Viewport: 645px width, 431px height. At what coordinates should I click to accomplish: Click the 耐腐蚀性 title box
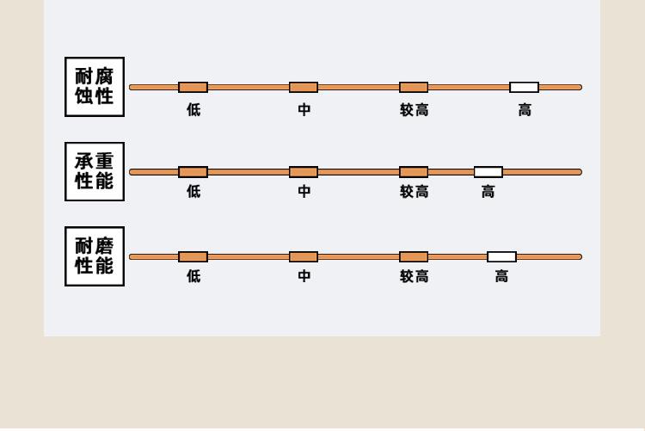(95, 87)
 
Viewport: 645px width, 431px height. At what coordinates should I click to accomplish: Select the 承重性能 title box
(95, 172)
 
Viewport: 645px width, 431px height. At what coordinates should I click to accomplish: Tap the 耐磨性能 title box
(95, 256)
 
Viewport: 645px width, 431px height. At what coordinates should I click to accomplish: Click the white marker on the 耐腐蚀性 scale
(524, 87)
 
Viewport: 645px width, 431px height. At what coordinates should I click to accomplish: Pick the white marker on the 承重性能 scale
(488, 172)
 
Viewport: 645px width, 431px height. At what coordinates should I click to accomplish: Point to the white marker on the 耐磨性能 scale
(502, 257)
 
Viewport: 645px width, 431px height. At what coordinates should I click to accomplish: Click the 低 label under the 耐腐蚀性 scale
(193, 110)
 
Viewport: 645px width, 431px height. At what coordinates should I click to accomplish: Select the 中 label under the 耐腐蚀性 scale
(304, 110)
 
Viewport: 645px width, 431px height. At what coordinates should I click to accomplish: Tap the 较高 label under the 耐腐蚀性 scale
(415, 110)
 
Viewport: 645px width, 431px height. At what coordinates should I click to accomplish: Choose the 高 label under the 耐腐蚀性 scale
(525, 110)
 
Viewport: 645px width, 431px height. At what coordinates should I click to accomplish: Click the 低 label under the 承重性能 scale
(193, 192)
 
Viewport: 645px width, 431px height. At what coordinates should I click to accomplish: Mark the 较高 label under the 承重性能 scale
(415, 192)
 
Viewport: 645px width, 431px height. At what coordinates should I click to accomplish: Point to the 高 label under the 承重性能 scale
(488, 192)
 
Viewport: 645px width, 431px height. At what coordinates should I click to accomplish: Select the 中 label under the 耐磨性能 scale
(304, 276)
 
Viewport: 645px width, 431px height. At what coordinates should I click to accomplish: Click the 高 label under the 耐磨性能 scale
(502, 276)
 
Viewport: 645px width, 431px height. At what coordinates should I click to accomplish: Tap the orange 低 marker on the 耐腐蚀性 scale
(193, 87)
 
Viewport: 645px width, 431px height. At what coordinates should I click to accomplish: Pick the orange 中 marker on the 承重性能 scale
(304, 172)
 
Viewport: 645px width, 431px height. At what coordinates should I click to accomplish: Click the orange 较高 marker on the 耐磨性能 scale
(414, 257)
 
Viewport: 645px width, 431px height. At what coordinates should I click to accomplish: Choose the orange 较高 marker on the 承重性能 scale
(414, 172)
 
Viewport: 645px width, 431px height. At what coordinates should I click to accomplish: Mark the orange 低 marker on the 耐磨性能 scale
(193, 257)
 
